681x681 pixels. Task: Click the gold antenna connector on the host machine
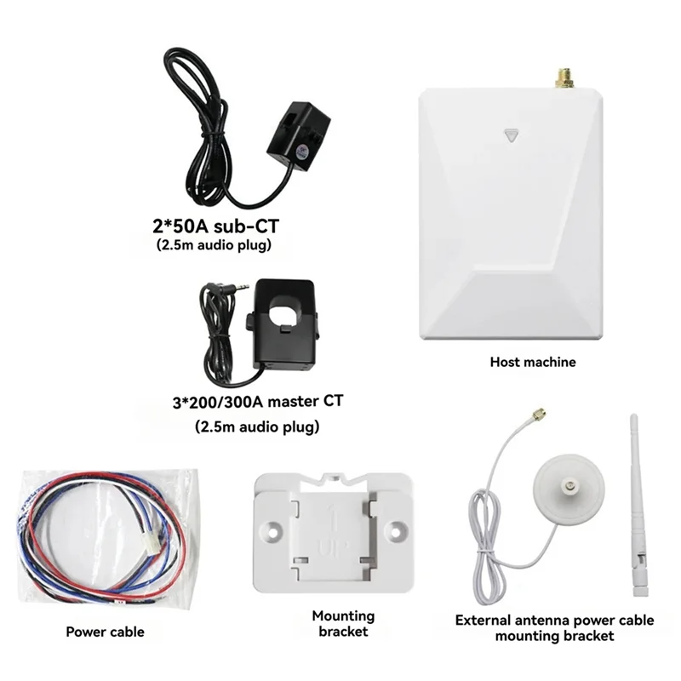click(x=563, y=78)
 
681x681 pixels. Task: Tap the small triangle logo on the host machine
click(x=511, y=134)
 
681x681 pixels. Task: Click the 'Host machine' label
click(x=533, y=362)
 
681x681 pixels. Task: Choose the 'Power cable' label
click(x=105, y=632)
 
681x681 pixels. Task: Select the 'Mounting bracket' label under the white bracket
click(x=342, y=624)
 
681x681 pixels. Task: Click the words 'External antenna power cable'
click(x=554, y=621)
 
